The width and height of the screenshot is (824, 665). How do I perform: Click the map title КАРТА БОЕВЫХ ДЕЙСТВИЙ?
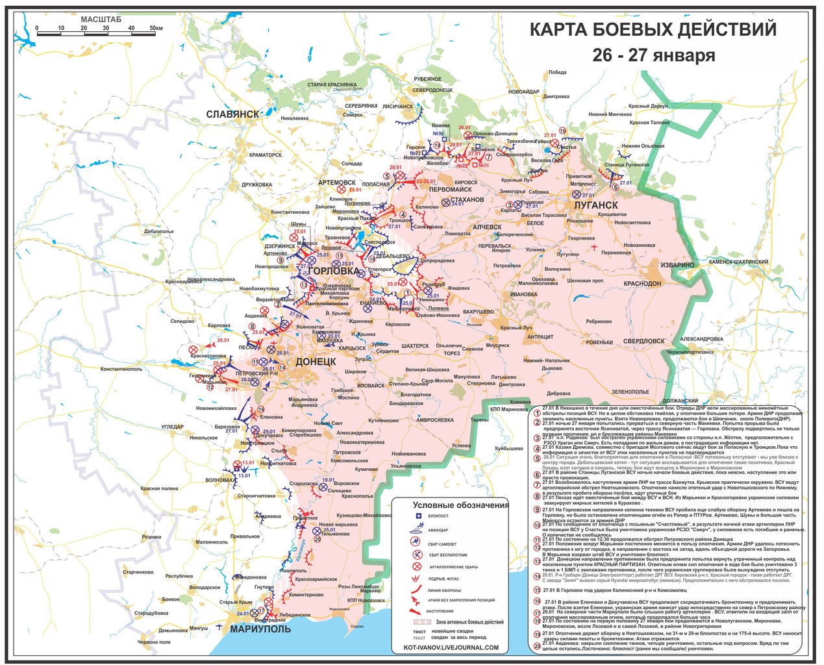(652, 31)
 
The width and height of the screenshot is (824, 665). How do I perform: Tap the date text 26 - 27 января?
(653, 55)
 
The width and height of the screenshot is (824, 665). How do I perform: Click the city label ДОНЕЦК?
(316, 360)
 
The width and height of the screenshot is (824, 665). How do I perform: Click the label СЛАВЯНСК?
(232, 114)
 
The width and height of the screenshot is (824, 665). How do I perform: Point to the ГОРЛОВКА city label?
(334, 271)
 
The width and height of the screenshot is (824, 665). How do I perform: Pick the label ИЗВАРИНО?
(679, 265)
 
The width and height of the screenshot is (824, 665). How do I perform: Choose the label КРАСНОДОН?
(643, 284)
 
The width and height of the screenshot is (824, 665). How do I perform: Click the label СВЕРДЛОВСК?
(643, 340)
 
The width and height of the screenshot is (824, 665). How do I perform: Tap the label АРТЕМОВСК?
(338, 183)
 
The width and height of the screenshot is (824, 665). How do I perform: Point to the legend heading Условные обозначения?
(461, 505)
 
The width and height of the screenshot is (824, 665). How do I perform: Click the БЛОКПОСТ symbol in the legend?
(419, 516)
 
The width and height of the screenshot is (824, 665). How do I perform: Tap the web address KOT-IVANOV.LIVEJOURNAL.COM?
(451, 647)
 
